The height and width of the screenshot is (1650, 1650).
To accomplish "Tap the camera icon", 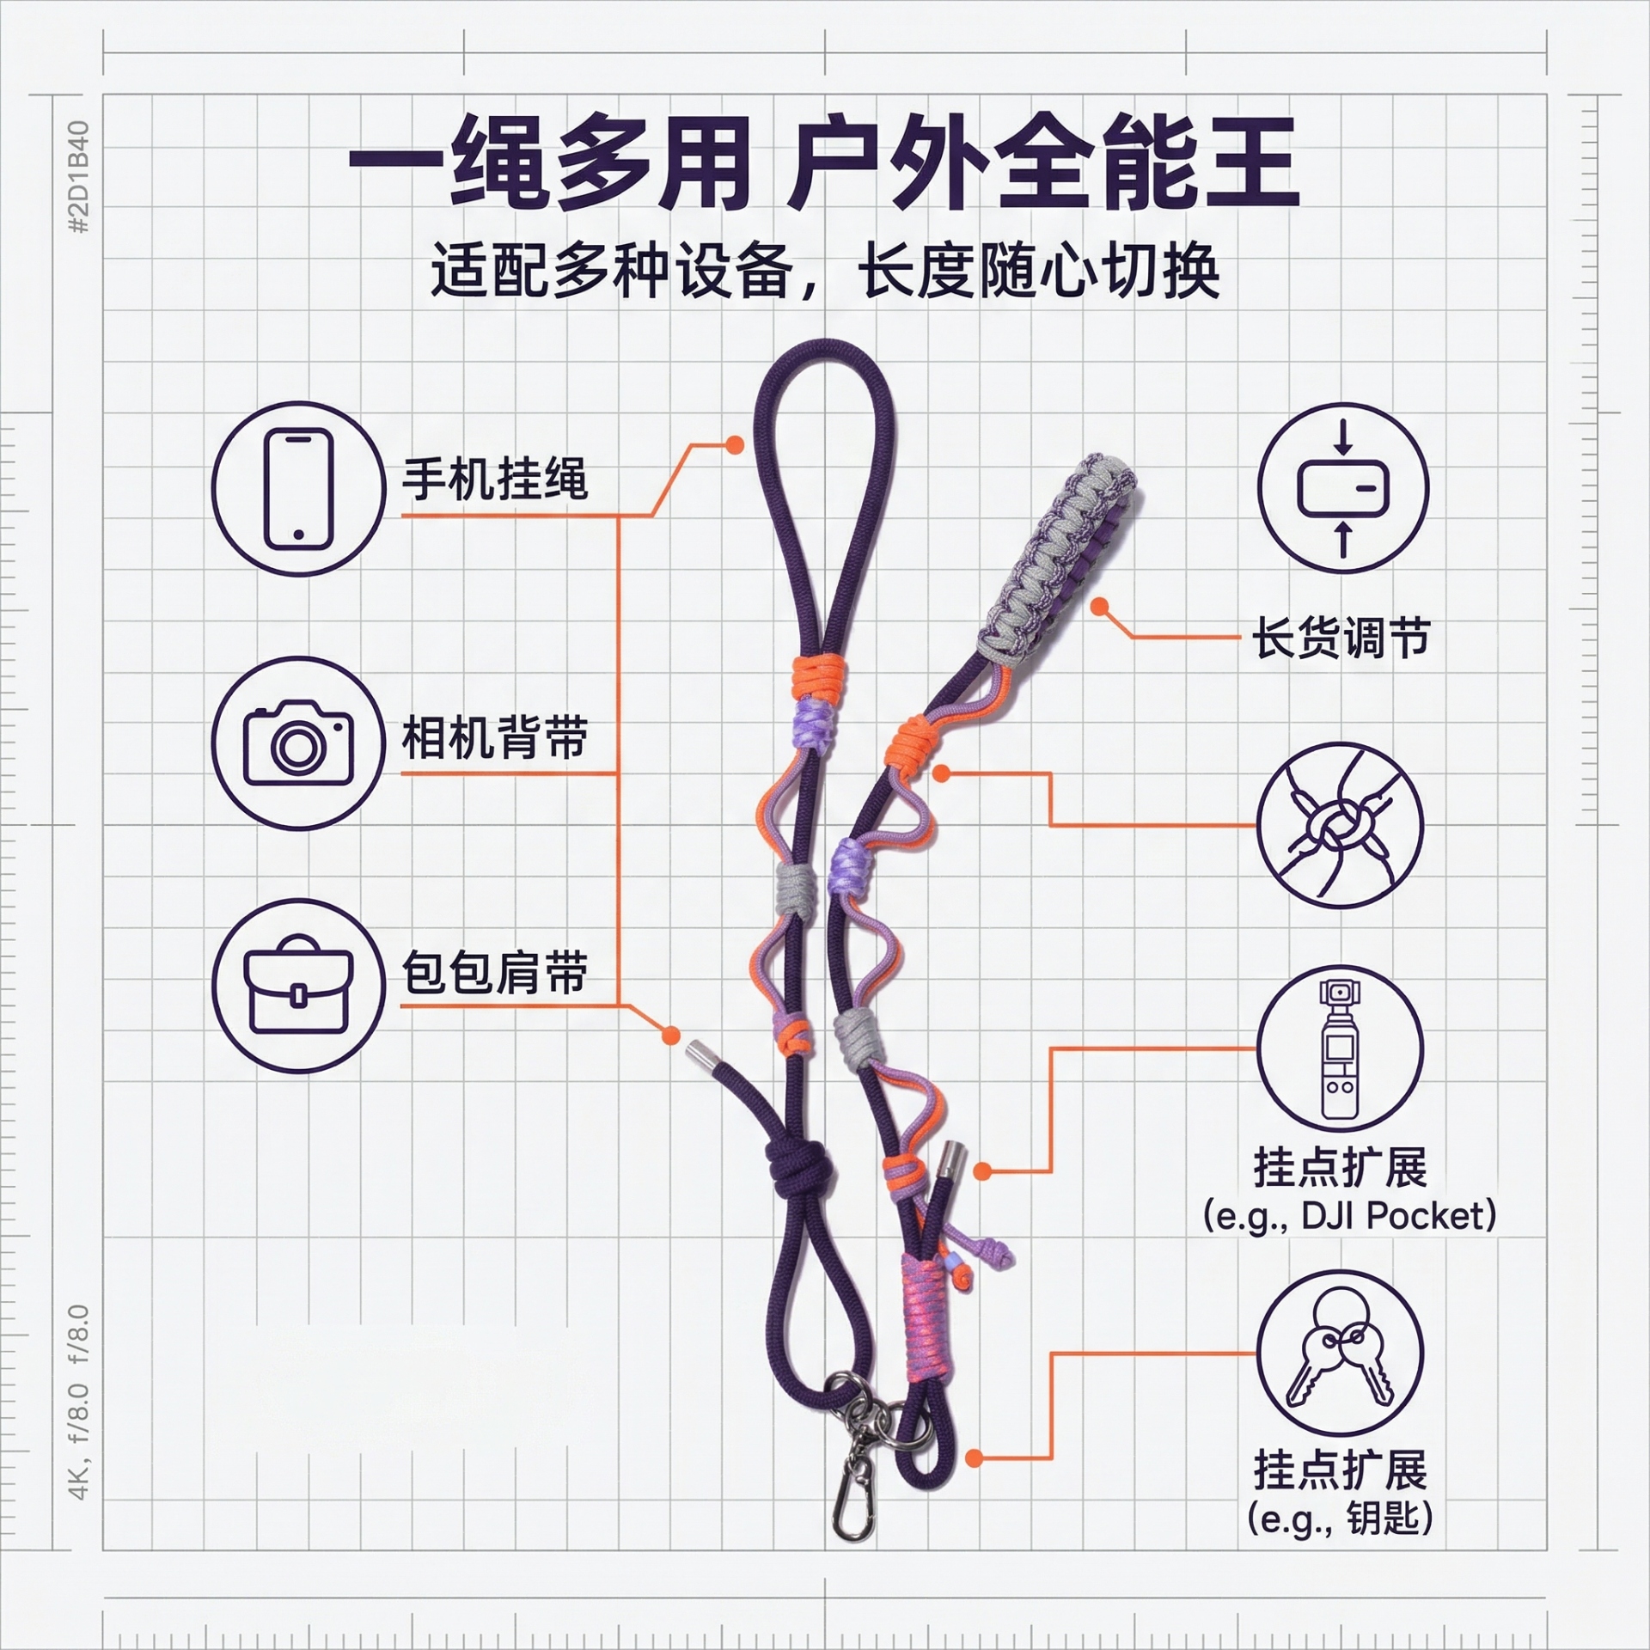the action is click(299, 744).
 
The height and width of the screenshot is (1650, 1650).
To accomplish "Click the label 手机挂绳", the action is click(495, 479).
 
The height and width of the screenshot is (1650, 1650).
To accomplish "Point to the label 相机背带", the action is click(495, 737).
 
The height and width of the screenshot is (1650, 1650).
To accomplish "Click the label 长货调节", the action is click(1341, 638).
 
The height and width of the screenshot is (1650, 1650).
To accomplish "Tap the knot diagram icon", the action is click(1341, 826).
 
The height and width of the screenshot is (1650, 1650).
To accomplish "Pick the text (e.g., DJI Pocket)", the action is click(1350, 1216).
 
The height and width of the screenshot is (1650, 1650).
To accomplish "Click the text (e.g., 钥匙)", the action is click(1341, 1519).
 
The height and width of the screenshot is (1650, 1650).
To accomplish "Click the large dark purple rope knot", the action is click(799, 1173).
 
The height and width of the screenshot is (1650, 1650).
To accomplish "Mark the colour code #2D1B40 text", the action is click(79, 177).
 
